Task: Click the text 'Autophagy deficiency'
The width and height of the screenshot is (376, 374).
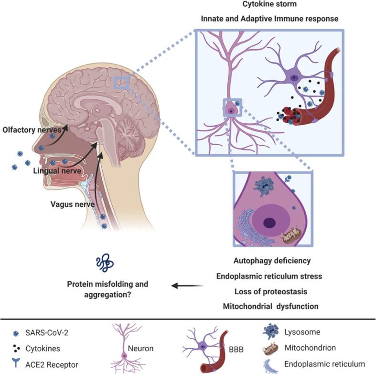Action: (x=272, y=261)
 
